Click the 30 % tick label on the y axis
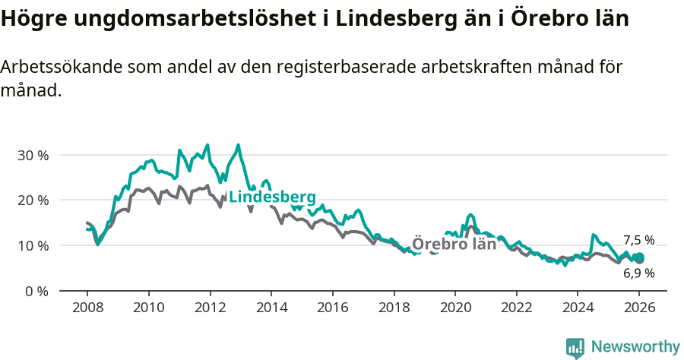coord(32,155)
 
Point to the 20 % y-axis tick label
coord(32,201)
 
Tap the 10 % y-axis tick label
coord(32,246)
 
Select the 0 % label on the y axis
coord(36,292)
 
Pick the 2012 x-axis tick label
coord(210,309)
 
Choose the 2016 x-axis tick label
coord(332,309)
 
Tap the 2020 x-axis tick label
coord(455,309)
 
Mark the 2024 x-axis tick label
coord(578,309)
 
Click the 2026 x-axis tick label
coord(639,309)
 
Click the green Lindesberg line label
coord(272,197)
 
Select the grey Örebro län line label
coord(454,244)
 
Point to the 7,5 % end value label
coord(638,241)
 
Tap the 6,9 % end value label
coord(638,273)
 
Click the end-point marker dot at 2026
coord(639,258)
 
